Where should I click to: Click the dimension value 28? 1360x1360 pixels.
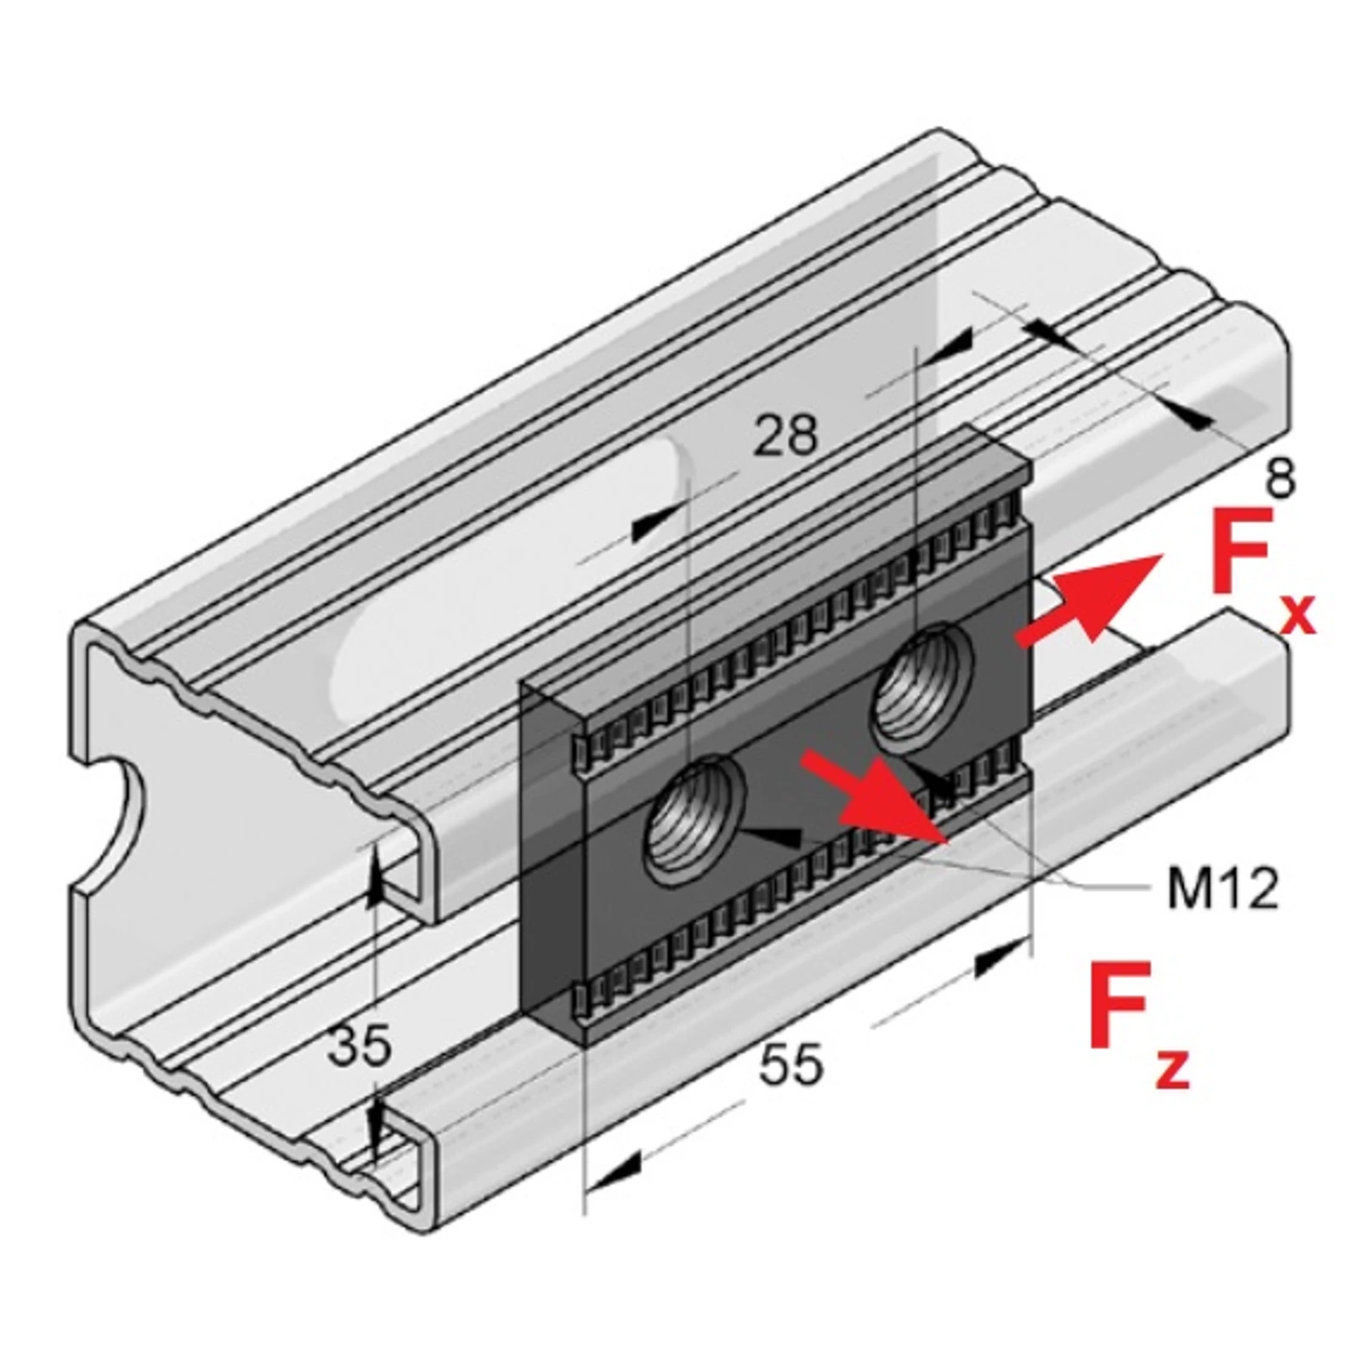point(785,434)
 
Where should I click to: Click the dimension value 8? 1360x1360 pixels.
point(1280,478)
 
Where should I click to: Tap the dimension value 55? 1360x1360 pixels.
point(790,1064)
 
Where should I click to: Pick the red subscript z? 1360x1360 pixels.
point(1173,1068)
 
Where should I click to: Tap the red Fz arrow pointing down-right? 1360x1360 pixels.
point(875,797)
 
